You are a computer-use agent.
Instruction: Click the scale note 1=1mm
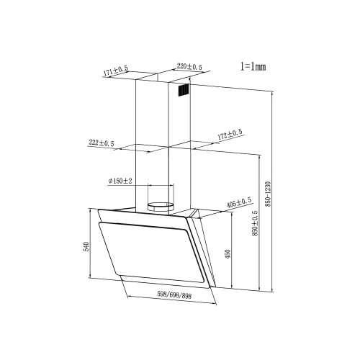[x=253, y=66]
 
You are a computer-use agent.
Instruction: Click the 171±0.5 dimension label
[x=116, y=71]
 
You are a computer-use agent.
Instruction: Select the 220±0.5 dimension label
[x=189, y=66]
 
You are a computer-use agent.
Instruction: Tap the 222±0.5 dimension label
[x=102, y=143]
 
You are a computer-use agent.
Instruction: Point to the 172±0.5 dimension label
[x=230, y=135]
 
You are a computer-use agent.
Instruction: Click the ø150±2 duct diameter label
[x=120, y=181]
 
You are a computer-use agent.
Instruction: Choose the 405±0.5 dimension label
[x=239, y=203]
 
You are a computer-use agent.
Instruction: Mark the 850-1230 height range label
[x=268, y=194]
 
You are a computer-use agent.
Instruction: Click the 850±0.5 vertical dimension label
[x=255, y=223]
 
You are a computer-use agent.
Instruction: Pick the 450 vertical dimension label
[x=228, y=254]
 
